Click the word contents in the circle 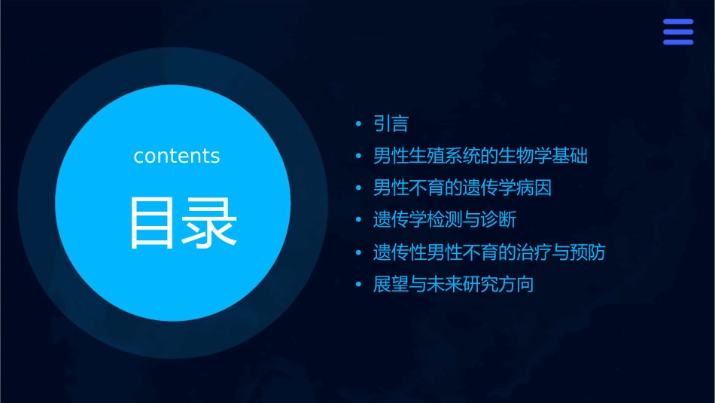(177, 156)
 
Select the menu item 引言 (391, 124)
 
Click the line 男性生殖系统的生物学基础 (480, 156)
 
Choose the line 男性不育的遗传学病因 (462, 188)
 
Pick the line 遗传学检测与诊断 (444, 220)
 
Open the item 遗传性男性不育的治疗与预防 (489, 252)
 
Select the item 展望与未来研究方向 (453, 285)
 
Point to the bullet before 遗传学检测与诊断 (359, 221)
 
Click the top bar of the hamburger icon (678, 21)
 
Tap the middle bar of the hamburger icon (678, 32)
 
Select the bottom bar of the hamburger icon (678, 42)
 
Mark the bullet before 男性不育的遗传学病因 (359, 188)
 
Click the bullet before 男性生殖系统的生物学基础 (359, 157)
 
